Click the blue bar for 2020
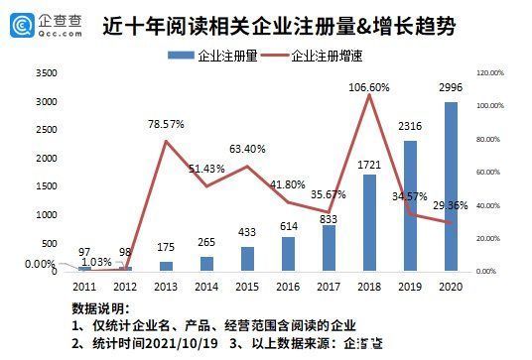click(x=452, y=185)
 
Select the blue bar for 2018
click(x=369, y=222)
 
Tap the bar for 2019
click(x=410, y=205)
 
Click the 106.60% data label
click(x=369, y=86)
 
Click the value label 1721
click(x=369, y=162)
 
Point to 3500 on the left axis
click(x=46, y=73)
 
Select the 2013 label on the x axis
click(x=166, y=286)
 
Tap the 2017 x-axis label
click(x=329, y=286)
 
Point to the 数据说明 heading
click(x=100, y=308)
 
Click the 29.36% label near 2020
click(x=454, y=204)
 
